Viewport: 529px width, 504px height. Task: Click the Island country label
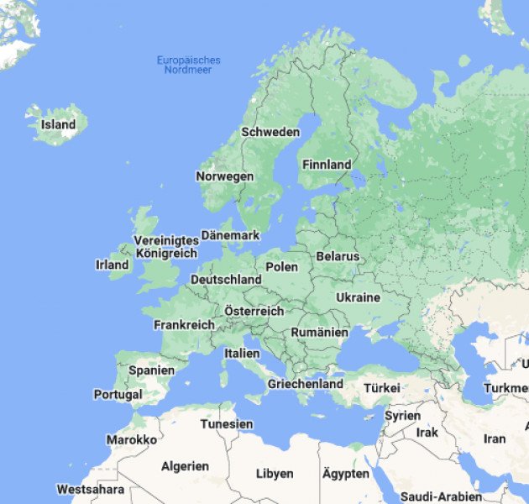58,125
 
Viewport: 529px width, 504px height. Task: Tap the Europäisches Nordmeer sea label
189,65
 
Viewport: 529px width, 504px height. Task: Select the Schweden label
270,132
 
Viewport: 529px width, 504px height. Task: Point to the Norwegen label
224,176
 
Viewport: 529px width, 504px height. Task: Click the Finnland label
326,165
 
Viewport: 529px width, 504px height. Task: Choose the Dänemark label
230,236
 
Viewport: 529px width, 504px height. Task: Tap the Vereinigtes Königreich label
166,247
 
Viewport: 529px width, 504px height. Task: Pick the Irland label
113,265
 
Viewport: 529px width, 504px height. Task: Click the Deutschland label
226,279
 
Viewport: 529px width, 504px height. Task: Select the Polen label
281,266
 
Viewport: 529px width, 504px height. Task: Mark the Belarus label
338,256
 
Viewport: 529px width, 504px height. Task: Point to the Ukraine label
358,297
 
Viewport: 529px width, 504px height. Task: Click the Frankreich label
184,324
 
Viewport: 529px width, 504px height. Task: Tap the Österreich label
254,311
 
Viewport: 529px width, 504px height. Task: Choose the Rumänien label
319,333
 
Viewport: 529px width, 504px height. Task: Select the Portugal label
118,394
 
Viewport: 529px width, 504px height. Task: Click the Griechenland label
305,384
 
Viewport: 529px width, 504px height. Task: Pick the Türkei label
381,388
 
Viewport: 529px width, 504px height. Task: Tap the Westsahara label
91,489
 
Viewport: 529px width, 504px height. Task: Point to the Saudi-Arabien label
441,496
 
